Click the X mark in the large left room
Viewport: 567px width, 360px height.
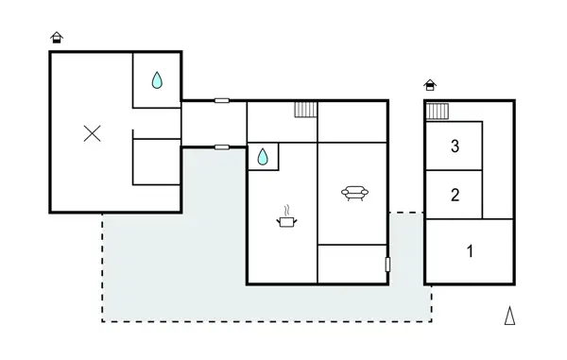[92, 133]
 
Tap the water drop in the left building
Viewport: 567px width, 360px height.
[157, 81]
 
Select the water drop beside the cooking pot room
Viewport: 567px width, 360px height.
[263, 156]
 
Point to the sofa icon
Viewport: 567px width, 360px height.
[354, 193]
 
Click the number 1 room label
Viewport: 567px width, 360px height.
[469, 251]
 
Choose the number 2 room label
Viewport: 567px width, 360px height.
[455, 196]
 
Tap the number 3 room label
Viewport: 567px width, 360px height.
[455, 146]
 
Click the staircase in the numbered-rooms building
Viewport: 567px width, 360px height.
[437, 112]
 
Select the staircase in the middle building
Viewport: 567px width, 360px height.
[305, 110]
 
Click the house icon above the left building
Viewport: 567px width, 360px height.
[57, 37]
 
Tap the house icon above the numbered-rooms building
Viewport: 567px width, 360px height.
[431, 85]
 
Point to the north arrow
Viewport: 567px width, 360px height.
[509, 316]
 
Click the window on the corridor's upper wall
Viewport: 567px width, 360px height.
[221, 100]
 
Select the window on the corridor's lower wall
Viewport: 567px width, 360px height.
[221, 146]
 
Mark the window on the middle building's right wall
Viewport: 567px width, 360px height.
[388, 265]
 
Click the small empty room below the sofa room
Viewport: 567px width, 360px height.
[352, 264]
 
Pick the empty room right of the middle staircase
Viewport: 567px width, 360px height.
[352, 121]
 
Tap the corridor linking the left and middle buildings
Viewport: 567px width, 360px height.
[213, 123]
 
